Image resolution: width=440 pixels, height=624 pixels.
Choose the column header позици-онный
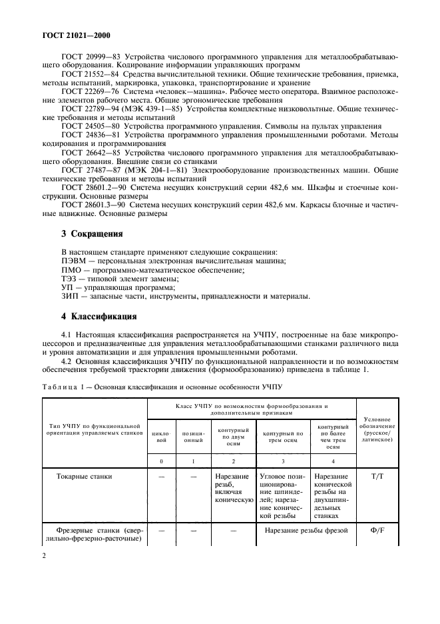(192, 437)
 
